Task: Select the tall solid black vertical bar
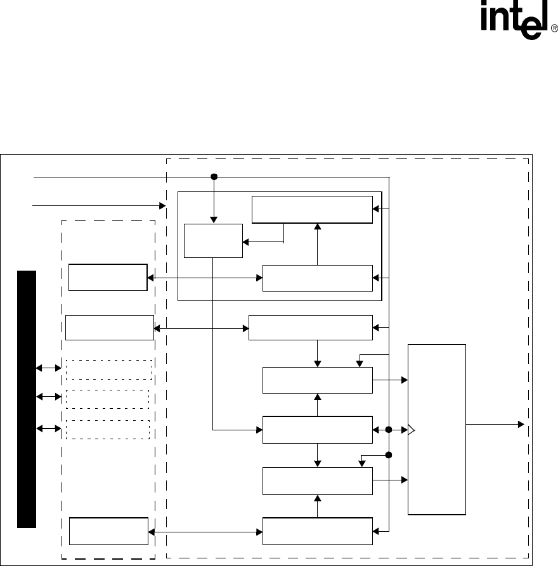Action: (27, 399)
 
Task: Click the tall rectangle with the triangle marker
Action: (437, 430)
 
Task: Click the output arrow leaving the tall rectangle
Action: (495, 423)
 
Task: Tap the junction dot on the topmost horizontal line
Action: (214, 177)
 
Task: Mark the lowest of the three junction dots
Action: (389, 454)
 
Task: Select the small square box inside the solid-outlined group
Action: (213, 241)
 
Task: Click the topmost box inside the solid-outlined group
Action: (312, 210)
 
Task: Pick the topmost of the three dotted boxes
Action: (109, 370)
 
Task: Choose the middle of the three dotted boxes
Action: (107, 399)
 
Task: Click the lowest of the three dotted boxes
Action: (107, 429)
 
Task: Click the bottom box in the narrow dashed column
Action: (108, 531)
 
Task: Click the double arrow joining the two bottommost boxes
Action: (205, 531)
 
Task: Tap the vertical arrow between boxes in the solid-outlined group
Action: (318, 244)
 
